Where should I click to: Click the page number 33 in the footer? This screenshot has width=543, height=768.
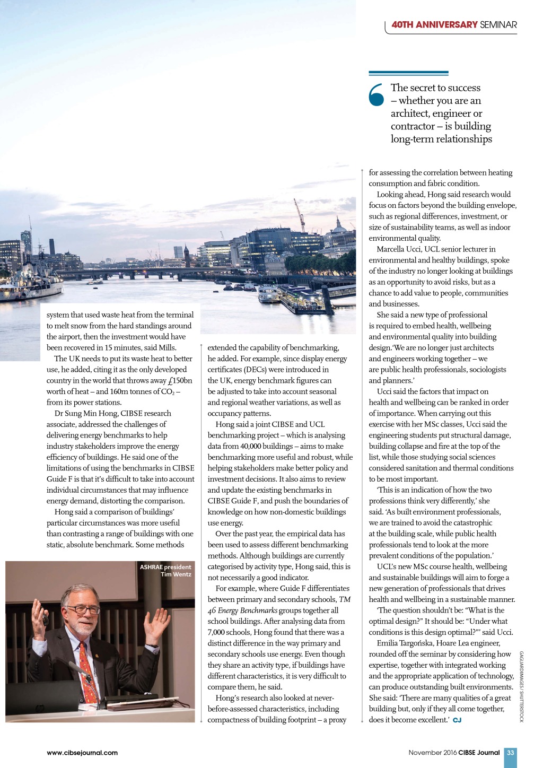[x=510, y=752]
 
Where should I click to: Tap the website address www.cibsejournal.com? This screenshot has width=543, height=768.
[x=82, y=753]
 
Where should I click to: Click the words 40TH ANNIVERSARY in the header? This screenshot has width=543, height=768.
[x=434, y=24]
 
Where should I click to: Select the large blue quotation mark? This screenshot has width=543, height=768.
[x=376, y=95]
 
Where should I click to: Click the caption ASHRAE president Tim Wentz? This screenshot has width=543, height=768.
[x=165, y=571]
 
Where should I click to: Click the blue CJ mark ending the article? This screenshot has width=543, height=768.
[x=457, y=720]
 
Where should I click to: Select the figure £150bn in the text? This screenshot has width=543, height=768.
[x=180, y=380]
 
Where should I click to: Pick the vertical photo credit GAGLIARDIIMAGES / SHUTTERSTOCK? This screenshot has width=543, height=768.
[x=521, y=686]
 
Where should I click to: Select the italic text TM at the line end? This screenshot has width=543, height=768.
[x=345, y=599]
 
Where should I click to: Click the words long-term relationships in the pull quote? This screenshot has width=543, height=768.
[x=441, y=139]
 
